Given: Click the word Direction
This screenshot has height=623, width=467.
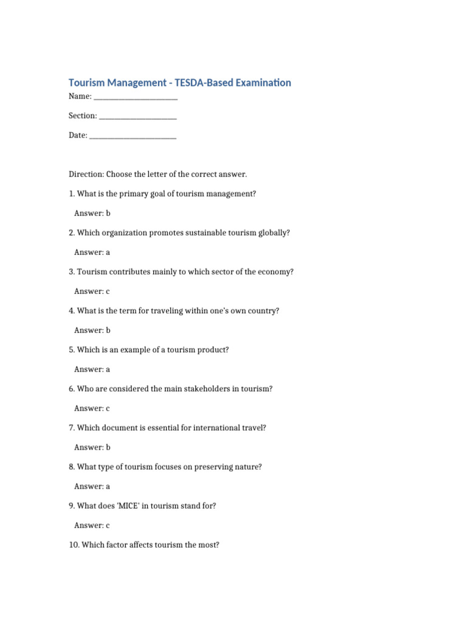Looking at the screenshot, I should (86, 175).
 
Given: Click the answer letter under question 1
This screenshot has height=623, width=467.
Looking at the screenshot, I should (108, 214).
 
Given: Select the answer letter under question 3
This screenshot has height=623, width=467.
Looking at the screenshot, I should (108, 291).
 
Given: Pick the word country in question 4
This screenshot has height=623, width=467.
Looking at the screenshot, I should (262, 311).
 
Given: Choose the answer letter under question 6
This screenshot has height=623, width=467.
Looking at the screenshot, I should (108, 408).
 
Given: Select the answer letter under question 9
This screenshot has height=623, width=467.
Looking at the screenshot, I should (108, 525).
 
